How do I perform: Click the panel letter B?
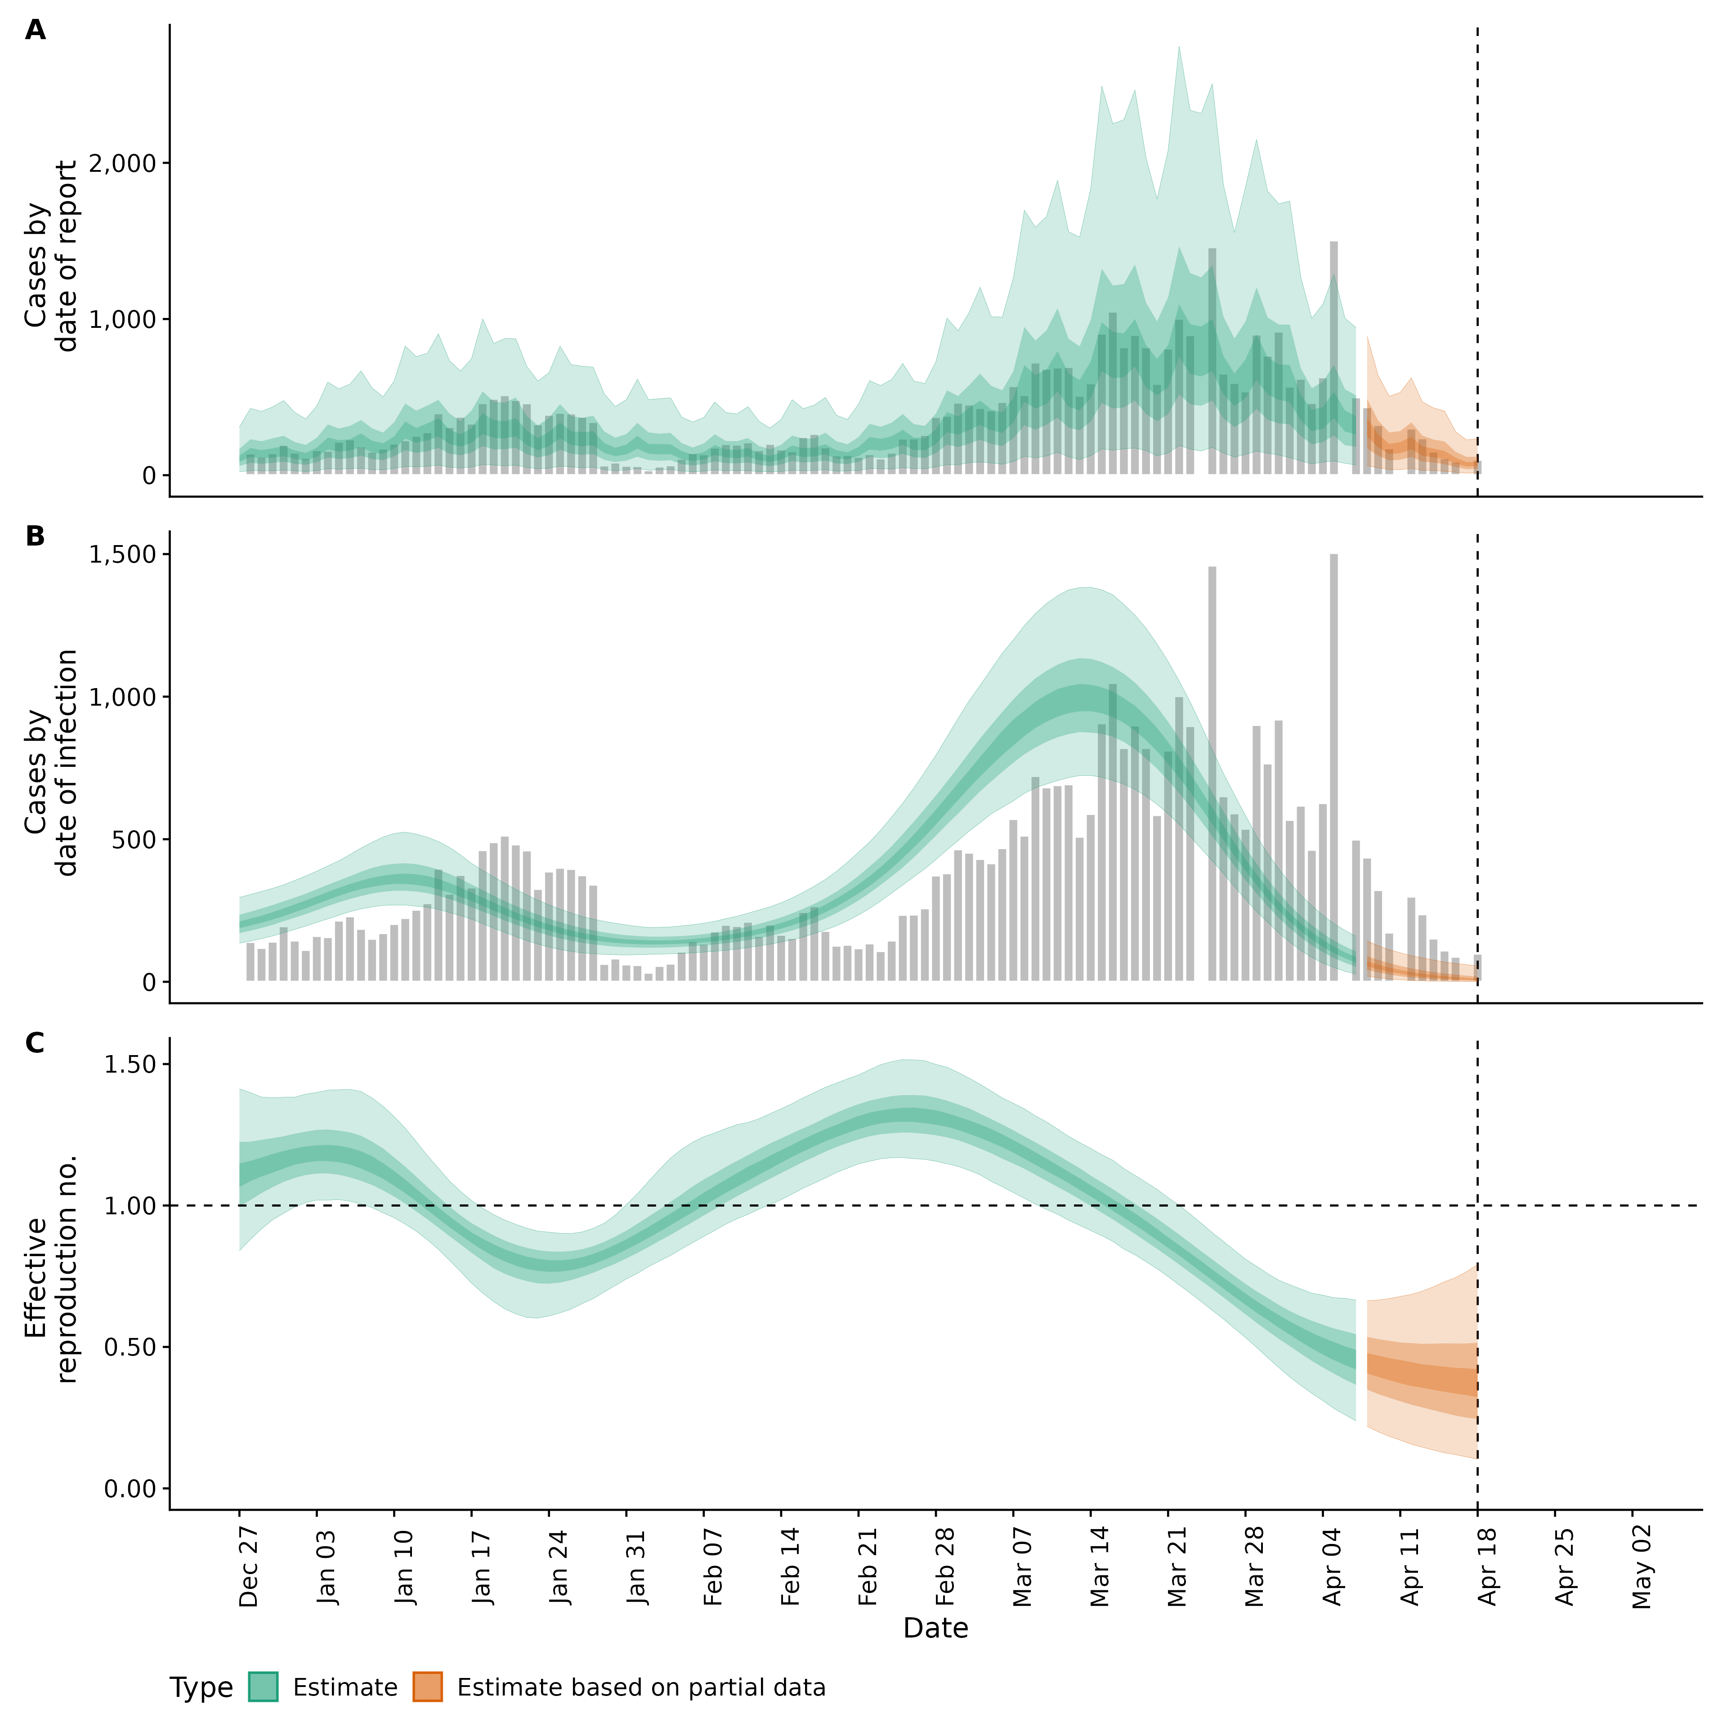(35, 537)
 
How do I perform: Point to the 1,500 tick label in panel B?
(125, 554)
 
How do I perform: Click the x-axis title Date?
(935, 1628)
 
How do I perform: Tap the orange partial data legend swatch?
(427, 1687)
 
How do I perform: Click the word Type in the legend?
(201, 1688)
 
